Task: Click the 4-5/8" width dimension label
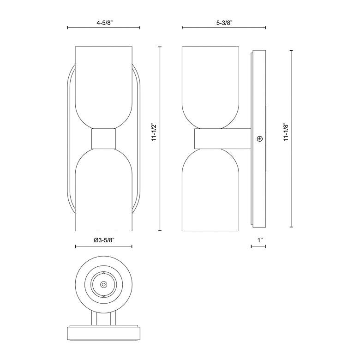point(103,21)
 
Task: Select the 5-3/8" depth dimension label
point(223,21)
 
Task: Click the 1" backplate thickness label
point(260,240)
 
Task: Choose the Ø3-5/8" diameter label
point(103,240)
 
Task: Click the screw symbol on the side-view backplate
point(260,138)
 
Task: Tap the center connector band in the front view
point(103,138)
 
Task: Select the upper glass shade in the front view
point(103,85)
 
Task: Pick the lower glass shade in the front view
point(103,189)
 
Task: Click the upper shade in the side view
point(210,85)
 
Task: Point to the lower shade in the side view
point(210,189)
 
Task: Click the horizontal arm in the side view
point(222,138)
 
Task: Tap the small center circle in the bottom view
point(103,285)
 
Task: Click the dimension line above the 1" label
point(258,246)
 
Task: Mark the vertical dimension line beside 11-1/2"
point(160,185)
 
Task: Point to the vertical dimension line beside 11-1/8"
point(291,185)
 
